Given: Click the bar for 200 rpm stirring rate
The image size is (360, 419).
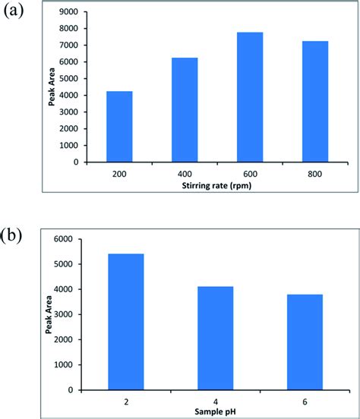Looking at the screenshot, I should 119,126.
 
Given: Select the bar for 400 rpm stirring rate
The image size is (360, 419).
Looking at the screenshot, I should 185,109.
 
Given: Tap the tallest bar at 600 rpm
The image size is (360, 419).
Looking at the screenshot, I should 250,96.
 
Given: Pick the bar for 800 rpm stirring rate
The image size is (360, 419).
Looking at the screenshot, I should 315,101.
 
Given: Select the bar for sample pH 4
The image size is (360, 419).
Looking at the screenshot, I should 216,338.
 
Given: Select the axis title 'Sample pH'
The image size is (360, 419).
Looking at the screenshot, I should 216,411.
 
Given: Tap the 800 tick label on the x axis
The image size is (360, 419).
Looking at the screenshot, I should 315,173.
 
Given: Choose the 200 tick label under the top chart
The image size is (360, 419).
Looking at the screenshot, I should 119,173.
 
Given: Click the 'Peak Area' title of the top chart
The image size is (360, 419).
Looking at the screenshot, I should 52,87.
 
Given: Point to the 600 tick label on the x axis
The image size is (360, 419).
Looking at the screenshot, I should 250,173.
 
